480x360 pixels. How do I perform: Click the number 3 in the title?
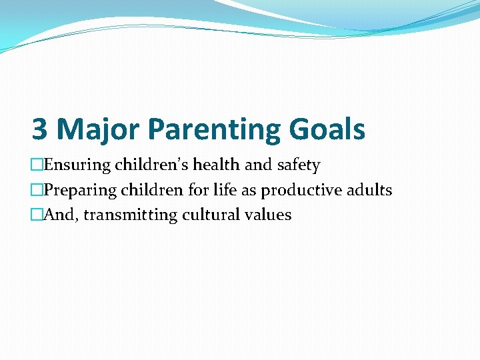click(x=40, y=129)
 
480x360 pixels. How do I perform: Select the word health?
click(x=213, y=165)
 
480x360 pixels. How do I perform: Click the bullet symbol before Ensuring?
click(x=37, y=165)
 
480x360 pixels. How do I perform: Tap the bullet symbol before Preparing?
click(x=37, y=191)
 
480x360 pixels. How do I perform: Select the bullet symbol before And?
click(x=37, y=216)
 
